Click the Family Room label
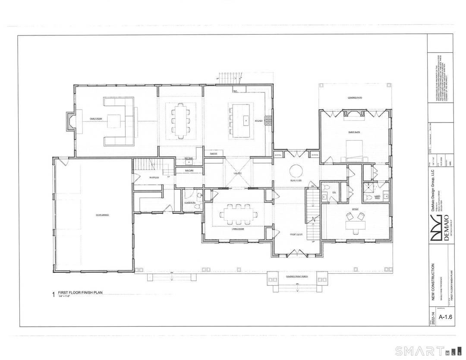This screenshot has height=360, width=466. click(x=95, y=118)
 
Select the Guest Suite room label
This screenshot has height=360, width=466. click(x=354, y=132)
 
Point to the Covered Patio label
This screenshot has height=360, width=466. click(x=355, y=98)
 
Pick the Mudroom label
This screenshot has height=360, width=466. click(x=154, y=177)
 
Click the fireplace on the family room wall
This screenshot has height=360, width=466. click(x=69, y=122)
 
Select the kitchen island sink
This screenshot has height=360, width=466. click(x=245, y=120)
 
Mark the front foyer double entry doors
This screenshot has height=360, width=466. click(x=295, y=252)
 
